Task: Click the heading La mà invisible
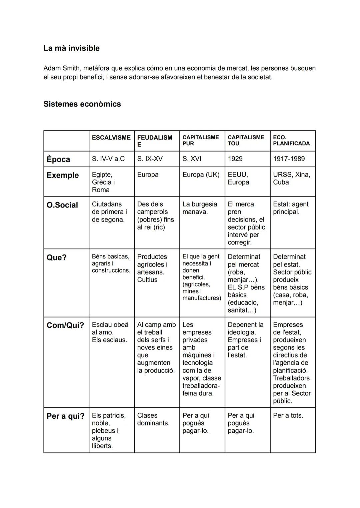coord(71,48)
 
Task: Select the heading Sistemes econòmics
coord(82,104)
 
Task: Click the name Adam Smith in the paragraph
coord(62,68)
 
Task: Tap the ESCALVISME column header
coord(111,138)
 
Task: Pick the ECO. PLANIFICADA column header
coord(291,140)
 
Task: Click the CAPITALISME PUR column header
coord(200,140)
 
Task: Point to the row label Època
coord(58,159)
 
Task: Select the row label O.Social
coord(62,205)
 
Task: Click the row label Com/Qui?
coord(65,325)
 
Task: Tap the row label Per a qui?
coord(66,416)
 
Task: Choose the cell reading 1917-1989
coord(289,159)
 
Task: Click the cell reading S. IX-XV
coord(150,159)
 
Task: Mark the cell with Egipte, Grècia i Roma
coord(103,182)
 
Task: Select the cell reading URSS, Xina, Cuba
coord(291,178)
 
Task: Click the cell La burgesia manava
coord(199,208)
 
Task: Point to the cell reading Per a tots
coord(288,415)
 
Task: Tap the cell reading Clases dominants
coord(153,419)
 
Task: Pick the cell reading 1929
coord(235,159)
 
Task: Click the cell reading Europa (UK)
coord(201,175)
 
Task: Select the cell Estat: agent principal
coord(291,208)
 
